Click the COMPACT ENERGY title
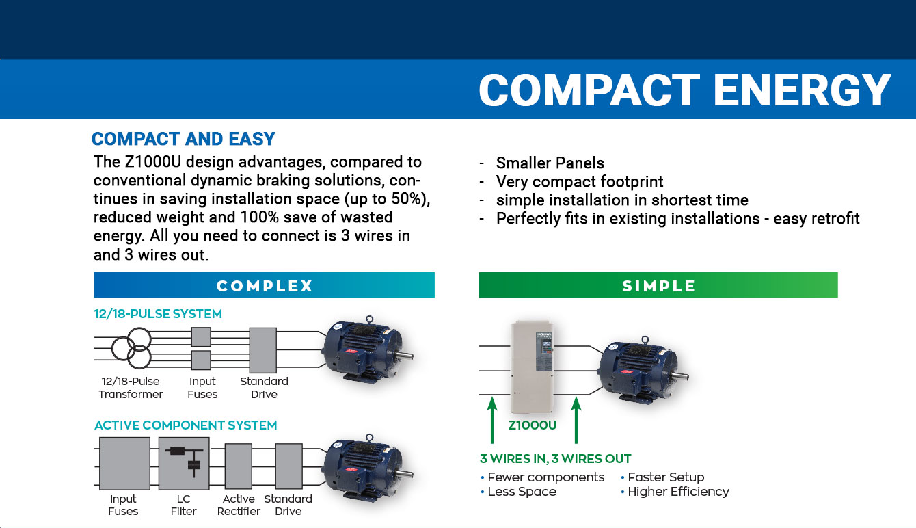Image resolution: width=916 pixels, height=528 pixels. coord(684,90)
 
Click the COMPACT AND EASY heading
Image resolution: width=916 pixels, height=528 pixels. coord(183,139)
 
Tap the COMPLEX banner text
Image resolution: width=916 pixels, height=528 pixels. coord(264,286)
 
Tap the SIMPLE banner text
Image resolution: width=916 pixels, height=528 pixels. coord(658,286)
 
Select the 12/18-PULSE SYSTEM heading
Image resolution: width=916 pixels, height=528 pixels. coord(158,314)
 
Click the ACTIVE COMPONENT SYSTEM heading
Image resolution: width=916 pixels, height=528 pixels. coord(185,425)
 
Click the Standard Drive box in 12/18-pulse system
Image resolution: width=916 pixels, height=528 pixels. coord(263,349)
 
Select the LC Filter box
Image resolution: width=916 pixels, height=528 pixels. coord(183,464)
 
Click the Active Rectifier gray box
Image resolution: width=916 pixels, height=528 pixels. coord(238,465)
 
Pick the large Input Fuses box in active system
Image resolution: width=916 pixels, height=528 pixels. coord(124,464)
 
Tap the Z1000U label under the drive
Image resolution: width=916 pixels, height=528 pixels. coord(532,425)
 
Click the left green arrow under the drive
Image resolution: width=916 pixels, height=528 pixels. coord(491,421)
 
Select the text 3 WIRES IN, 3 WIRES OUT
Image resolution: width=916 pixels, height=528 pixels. coord(555,459)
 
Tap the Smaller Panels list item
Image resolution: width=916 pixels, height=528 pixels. coord(550,163)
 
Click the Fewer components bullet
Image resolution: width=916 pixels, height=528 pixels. coord(545,477)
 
